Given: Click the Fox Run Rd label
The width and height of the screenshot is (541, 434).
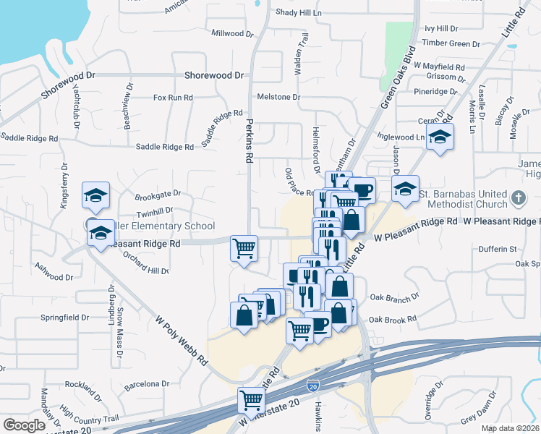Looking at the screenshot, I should coord(173,97).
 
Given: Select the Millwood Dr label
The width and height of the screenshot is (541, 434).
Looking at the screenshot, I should coord(232,33).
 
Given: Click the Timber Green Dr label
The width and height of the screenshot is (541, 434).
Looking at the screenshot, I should coord(451,43).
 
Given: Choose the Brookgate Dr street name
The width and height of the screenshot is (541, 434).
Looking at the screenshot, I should coord(158,194).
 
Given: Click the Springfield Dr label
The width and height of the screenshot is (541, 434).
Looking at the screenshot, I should coord(64,317).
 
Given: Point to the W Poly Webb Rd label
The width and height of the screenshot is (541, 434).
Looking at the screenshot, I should coord(182,340).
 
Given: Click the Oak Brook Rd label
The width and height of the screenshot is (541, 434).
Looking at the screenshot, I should coord(393,319).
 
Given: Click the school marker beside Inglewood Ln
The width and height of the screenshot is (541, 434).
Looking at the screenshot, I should coord(439,137).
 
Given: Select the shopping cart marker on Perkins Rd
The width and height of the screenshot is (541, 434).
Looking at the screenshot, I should coord(244,248).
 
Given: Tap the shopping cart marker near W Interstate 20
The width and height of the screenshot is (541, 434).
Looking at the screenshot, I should coord(252,399).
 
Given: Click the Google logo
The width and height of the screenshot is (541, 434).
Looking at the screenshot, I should coord(24,425).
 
